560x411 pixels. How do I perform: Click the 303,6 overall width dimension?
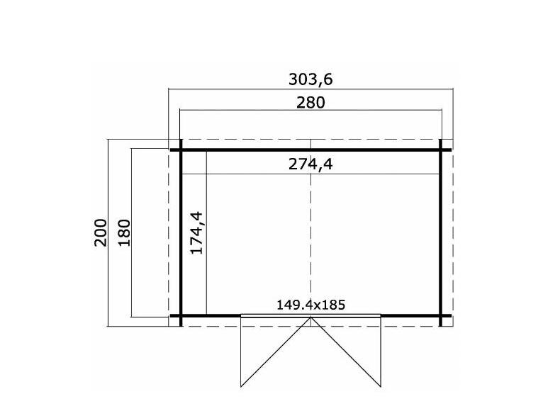[x=310, y=79]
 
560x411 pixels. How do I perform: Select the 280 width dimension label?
[x=310, y=103]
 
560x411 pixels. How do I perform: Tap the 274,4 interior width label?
[x=310, y=164]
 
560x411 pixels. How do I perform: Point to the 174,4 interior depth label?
[x=197, y=233]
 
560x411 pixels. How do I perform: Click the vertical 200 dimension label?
[x=101, y=233]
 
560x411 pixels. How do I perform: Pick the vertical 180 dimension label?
[x=124, y=233]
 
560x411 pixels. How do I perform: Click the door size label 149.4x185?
[x=310, y=305]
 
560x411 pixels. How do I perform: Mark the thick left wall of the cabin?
[x=181, y=233]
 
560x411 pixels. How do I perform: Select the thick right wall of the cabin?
[x=440, y=233]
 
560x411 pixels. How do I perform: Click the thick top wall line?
[x=310, y=150]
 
